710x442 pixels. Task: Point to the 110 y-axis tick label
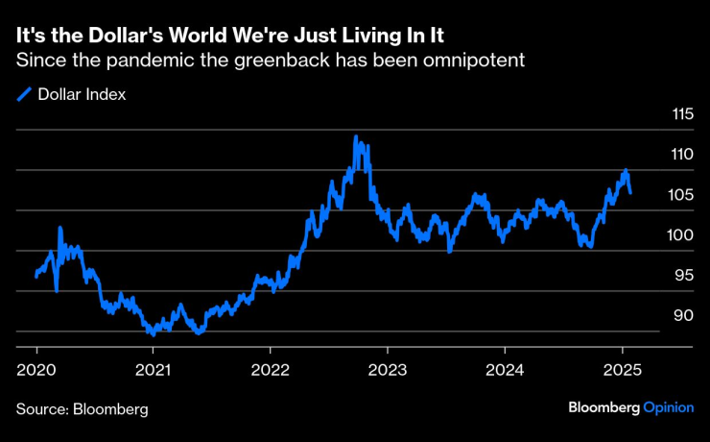point(681,155)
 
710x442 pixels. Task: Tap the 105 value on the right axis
point(681,195)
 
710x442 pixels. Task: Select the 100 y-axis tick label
point(681,235)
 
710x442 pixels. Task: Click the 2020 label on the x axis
point(35,369)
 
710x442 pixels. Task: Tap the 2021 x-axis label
point(153,369)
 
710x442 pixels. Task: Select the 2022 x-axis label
point(270,369)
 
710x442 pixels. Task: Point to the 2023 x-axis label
point(388,369)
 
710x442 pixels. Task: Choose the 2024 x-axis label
point(505,369)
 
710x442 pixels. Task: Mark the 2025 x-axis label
point(622,369)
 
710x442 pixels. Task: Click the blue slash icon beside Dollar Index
point(24,94)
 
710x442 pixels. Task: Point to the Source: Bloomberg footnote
point(83,408)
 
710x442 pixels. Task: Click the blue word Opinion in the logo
point(668,407)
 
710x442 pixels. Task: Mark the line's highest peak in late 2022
point(355,136)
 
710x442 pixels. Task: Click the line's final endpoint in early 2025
point(630,192)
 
